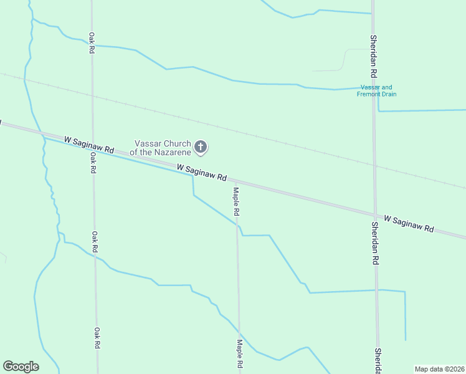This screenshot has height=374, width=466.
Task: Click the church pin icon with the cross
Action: (201, 147)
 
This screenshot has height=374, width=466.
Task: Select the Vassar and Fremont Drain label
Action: (376, 91)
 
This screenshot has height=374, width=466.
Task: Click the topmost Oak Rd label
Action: (92, 42)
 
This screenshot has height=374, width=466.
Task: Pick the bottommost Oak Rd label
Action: (97, 338)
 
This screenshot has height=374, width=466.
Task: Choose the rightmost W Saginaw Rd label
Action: (409, 224)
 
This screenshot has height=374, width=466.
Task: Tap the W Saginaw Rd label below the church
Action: (201, 173)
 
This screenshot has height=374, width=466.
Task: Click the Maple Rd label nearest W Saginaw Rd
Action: (236, 201)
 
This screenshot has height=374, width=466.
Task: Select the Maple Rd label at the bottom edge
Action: (239, 354)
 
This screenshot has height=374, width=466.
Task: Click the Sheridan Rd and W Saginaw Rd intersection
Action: (376, 214)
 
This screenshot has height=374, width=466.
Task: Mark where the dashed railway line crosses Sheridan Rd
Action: (374, 166)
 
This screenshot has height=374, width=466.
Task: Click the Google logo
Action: (21, 367)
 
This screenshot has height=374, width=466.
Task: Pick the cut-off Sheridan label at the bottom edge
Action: (378, 362)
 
